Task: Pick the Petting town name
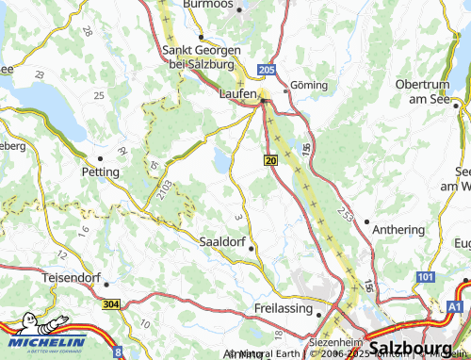pyautogui.click(x=101, y=172)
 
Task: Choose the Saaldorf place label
pyautogui.click(x=224, y=241)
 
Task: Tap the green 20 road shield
pyautogui.click(x=271, y=161)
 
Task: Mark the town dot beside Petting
pyautogui.click(x=99, y=158)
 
